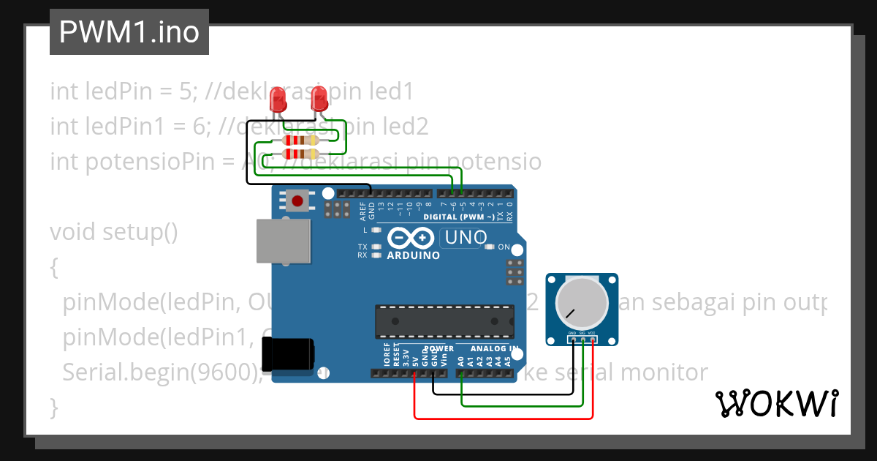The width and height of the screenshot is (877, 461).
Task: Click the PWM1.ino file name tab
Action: pos(129,32)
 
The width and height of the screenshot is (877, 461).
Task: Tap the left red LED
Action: pos(278,99)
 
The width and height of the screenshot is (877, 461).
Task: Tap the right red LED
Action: pos(319,99)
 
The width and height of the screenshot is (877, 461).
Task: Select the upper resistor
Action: pos(300,140)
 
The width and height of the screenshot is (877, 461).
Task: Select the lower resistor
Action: pos(300,154)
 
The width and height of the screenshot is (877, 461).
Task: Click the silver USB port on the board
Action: pos(283,241)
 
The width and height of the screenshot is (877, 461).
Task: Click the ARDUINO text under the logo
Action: pos(413,255)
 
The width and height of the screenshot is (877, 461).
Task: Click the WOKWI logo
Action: pos(776,403)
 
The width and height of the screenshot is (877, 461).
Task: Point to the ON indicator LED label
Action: pos(504,247)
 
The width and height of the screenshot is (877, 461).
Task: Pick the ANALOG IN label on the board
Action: pos(494,348)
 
